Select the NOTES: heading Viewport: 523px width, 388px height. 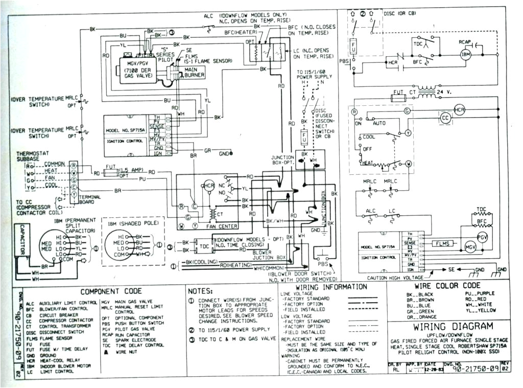[x=201, y=291]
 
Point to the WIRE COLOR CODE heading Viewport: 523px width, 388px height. [x=447, y=286]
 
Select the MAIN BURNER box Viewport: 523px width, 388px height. [x=194, y=72]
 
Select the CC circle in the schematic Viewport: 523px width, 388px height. [x=446, y=118]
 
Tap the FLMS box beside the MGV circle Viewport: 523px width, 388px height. [x=443, y=244]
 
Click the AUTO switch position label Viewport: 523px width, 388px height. [x=379, y=124]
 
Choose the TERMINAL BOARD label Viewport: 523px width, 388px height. [x=90, y=198]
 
